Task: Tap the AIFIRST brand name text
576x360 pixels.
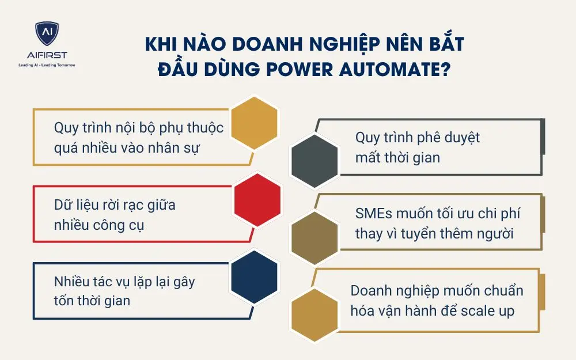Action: point(46,56)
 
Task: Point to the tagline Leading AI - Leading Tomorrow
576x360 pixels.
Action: point(47,65)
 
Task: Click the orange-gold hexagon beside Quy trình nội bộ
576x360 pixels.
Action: point(254,123)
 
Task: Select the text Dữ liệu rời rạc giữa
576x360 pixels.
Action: point(115,204)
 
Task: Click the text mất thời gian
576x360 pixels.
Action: point(397,157)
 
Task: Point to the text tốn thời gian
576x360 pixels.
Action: point(92,300)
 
